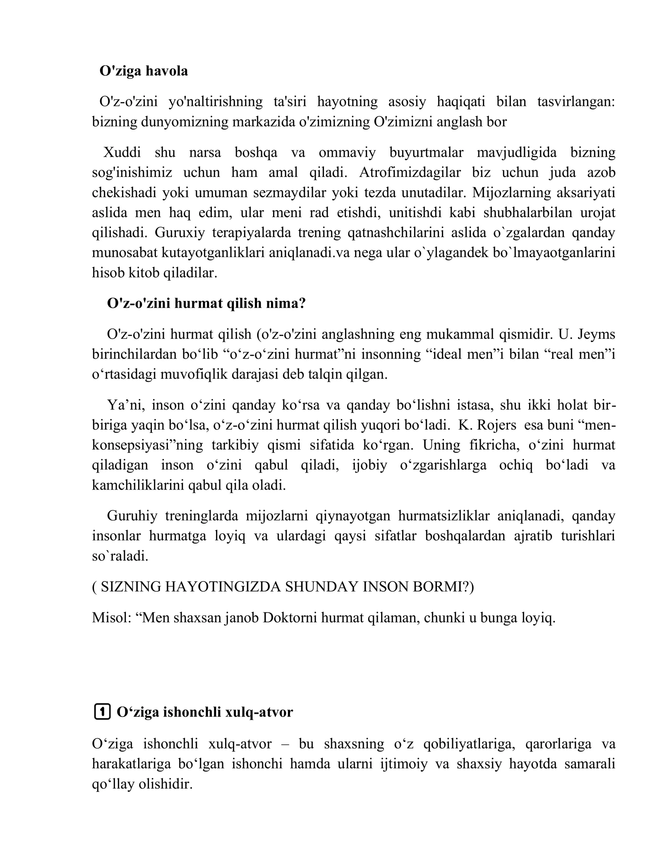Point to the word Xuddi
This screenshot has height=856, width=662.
click(122, 153)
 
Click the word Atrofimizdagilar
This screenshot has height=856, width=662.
click(410, 172)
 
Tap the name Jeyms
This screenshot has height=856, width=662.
click(596, 334)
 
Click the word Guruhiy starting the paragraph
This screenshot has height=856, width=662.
click(132, 516)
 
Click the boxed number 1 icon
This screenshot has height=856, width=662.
click(102, 712)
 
